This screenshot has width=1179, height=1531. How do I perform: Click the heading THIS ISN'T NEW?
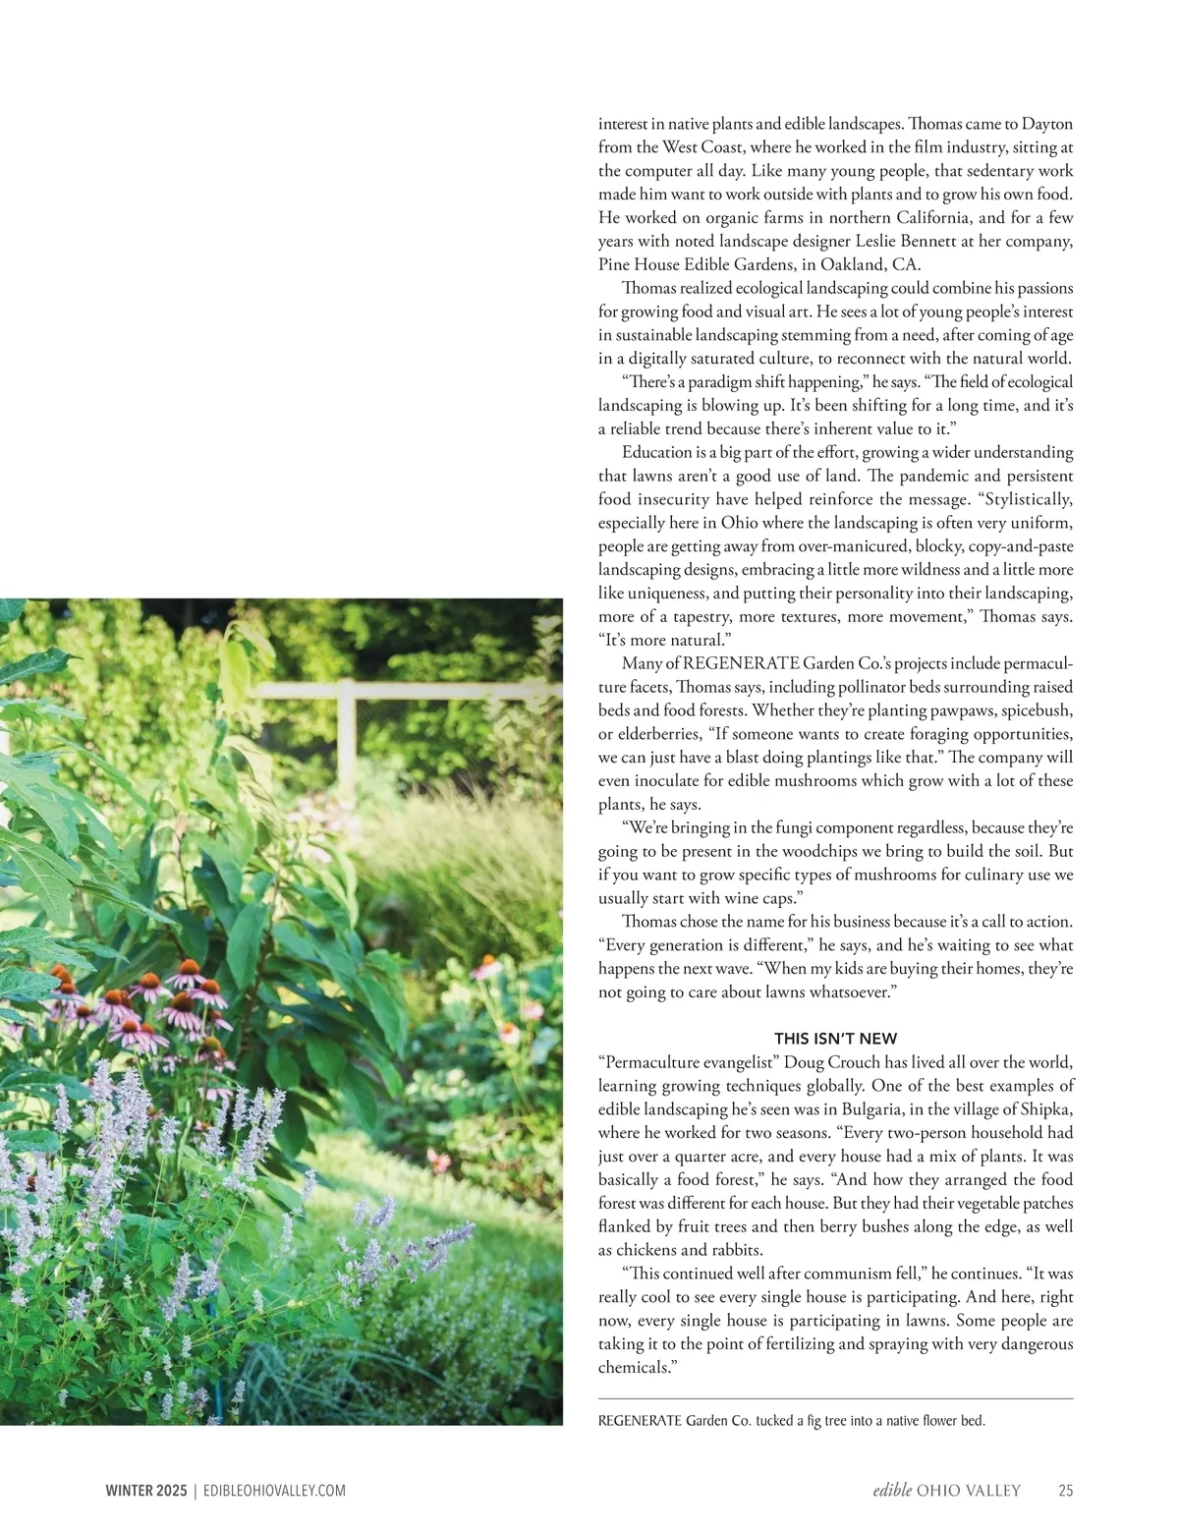pyautogui.click(x=835, y=1038)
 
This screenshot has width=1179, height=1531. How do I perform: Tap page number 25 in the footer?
pyautogui.click(x=1065, y=1490)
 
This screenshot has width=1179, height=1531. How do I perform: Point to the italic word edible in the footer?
pyautogui.click(x=892, y=1490)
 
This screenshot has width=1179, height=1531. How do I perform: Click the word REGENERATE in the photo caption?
pyautogui.click(x=639, y=1421)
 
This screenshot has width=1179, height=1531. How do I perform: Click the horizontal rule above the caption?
pyautogui.click(x=835, y=1398)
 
